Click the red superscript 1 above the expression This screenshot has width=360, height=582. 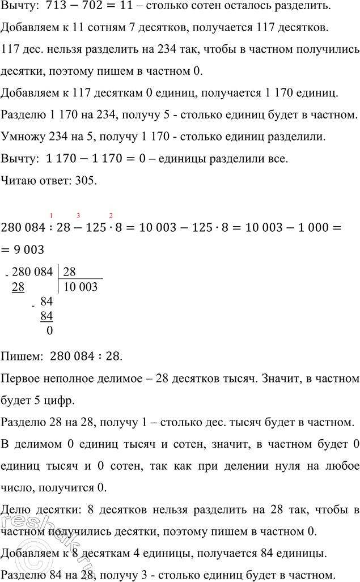[52, 214]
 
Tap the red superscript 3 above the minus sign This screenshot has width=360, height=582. [78, 214]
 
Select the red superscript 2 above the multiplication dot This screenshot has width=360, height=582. [111, 214]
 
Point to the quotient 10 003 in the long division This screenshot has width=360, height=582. [81, 287]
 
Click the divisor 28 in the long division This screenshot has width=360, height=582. [70, 272]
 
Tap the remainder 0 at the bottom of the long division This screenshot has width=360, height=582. [49, 330]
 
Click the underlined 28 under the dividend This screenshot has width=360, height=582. [18, 287]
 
